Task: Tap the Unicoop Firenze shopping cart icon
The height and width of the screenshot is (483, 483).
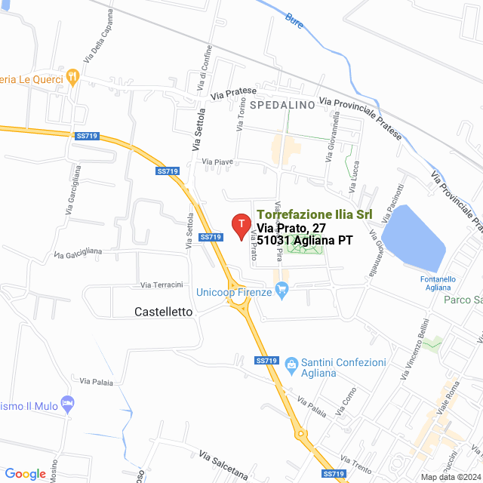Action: coord(283,288)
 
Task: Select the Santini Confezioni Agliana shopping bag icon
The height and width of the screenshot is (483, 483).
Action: coord(291,364)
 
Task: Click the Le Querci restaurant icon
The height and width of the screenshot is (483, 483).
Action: coord(72,75)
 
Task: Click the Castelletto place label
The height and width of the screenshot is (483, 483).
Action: coord(163,311)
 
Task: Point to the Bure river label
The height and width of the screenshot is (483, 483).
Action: coord(294,21)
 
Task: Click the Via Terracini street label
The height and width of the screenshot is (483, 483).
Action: coord(162,285)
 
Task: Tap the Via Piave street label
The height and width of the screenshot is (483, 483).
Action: coord(218,162)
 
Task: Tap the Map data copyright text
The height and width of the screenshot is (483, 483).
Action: coord(450,477)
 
